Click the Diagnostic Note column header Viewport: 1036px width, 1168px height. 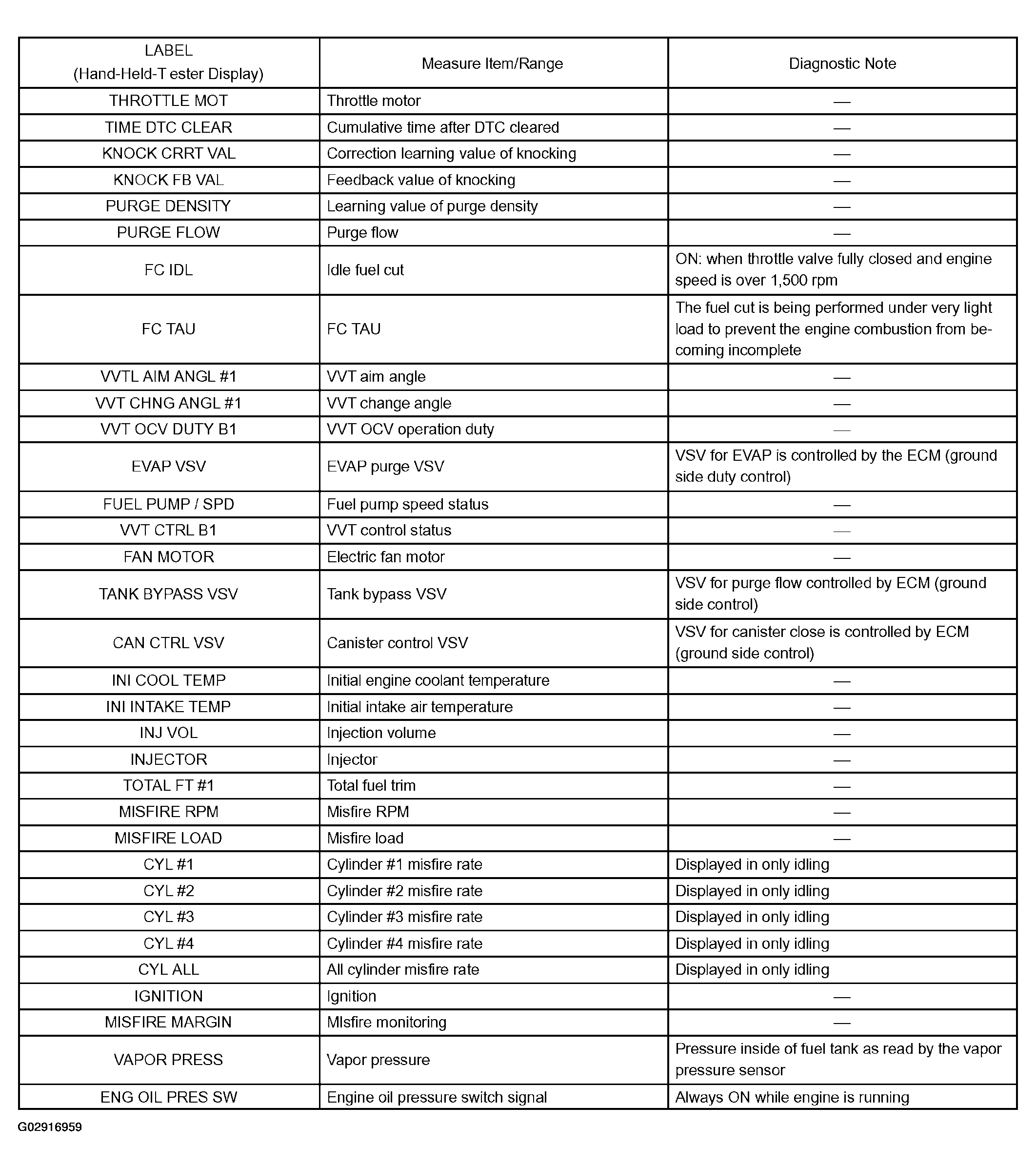(842, 63)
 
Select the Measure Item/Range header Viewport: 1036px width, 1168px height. (492, 63)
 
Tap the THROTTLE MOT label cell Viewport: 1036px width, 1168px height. (168, 101)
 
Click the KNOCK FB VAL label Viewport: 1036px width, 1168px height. (168, 180)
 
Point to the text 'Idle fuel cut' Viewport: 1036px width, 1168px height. (365, 270)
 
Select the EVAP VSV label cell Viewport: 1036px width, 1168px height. (168, 466)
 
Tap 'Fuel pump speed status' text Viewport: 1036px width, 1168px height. (407, 504)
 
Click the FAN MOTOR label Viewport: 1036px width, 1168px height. (168, 556)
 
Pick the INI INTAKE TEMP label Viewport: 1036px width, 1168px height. (168, 707)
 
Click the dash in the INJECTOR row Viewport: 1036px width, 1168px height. (842, 760)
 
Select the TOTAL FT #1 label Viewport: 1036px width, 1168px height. (168, 786)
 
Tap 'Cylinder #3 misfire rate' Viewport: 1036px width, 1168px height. (404, 917)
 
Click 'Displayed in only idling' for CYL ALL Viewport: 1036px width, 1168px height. (752, 970)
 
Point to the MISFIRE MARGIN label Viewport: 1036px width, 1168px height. (168, 1022)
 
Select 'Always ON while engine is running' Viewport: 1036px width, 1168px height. (792, 1098)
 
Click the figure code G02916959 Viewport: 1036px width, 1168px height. (50, 1127)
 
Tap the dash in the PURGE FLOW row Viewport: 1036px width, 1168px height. (842, 233)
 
